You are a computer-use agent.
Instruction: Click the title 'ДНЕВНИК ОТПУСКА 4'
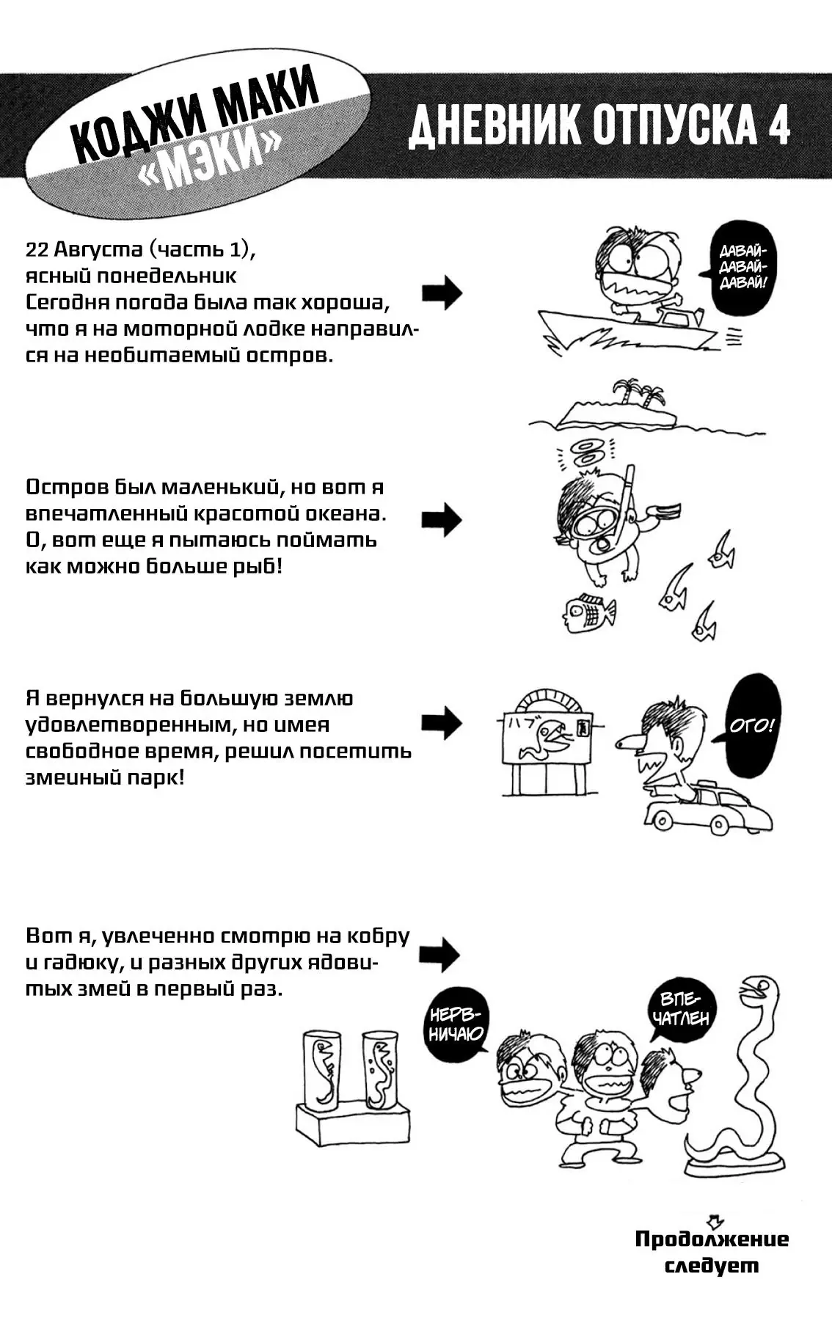(x=599, y=125)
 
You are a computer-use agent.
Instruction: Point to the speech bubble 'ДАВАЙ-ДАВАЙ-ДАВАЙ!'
(x=742, y=268)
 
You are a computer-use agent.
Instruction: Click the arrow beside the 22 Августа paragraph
(x=442, y=293)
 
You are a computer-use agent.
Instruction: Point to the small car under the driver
(x=708, y=810)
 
